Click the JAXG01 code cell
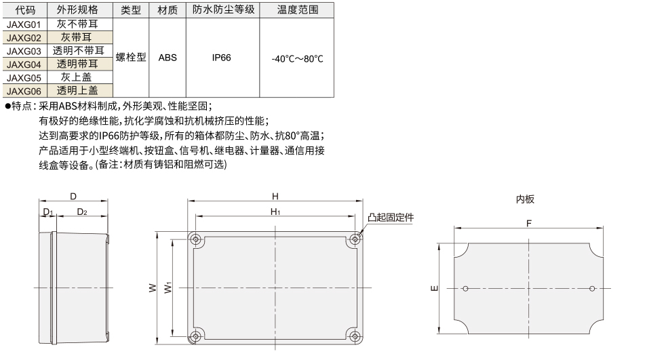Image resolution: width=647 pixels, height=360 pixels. tap(24, 24)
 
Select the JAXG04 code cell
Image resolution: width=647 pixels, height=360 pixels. tap(24, 64)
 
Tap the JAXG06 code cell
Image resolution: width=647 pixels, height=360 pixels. tap(24, 91)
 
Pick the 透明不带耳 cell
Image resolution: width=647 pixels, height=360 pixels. tap(79, 51)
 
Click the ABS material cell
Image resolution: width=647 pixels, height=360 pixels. tap(168, 58)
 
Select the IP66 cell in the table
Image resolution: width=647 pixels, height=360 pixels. tap(222, 58)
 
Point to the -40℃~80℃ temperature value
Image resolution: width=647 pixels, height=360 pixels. tap(297, 58)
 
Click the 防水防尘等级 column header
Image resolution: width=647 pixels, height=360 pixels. tap(223, 9)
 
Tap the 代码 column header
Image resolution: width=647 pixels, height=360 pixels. tap(25, 10)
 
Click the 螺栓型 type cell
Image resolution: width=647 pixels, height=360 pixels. tap(131, 58)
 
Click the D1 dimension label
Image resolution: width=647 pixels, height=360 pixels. tap(48, 212)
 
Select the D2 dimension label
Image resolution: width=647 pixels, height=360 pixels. tap(82, 212)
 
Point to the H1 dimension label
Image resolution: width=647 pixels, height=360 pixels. tap(275, 212)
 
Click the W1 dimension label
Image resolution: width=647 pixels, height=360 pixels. tap(168, 287)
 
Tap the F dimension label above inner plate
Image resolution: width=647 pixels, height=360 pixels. tap(529, 224)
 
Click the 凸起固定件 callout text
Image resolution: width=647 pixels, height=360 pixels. tap(391, 218)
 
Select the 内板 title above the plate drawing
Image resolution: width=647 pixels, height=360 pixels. tap(526, 199)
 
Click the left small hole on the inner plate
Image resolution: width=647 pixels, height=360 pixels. tap(465, 289)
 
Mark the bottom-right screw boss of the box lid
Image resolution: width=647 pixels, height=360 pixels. tap(355, 336)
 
